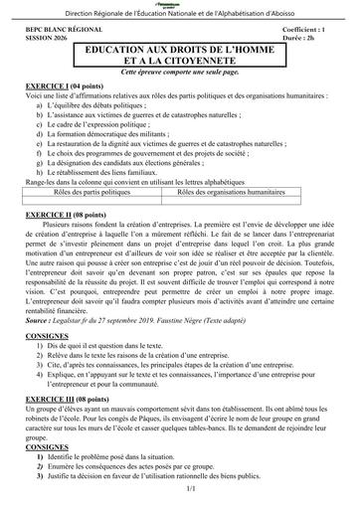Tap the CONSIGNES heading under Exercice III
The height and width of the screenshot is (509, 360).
(42, 446)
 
